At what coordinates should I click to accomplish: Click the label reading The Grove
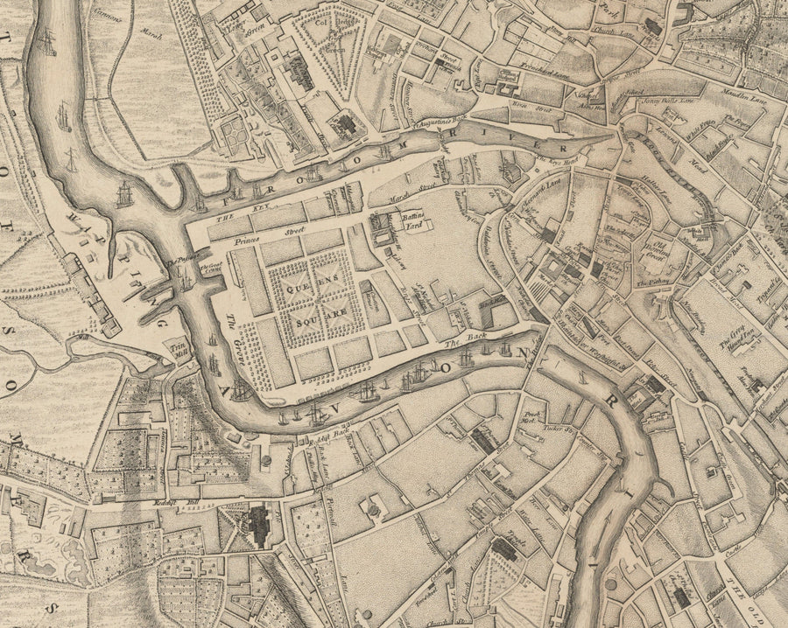pyautogui.click(x=234, y=328)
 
